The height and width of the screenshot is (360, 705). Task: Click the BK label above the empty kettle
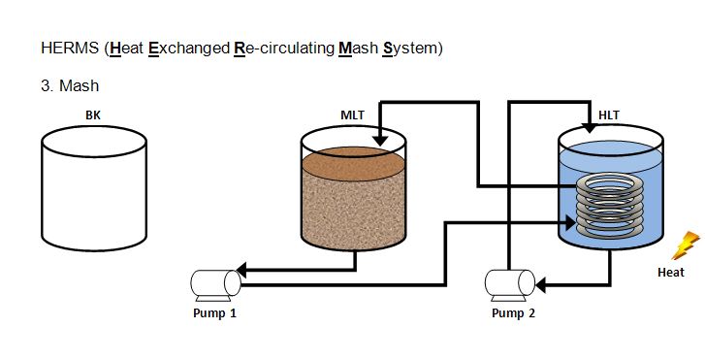93,115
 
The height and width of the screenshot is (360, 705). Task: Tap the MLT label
353,115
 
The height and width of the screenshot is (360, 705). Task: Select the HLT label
609,115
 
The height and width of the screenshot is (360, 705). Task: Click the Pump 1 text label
214,312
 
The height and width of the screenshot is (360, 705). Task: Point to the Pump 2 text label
513,312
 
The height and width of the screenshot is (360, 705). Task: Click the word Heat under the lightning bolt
671,273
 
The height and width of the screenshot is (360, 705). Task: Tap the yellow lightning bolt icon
686,245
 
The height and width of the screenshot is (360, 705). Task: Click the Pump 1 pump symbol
216,285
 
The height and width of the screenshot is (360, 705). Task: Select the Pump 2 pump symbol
509,285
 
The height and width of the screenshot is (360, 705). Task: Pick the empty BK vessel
94,188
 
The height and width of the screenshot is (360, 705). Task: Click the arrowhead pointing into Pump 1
241,270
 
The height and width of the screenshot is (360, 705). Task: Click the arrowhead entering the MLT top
380,140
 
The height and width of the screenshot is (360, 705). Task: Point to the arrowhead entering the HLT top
589,127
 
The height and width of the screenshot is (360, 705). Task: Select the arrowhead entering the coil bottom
570,222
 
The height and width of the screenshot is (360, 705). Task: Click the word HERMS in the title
70,48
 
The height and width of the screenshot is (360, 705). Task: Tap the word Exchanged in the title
189,48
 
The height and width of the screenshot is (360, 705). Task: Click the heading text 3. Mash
70,85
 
